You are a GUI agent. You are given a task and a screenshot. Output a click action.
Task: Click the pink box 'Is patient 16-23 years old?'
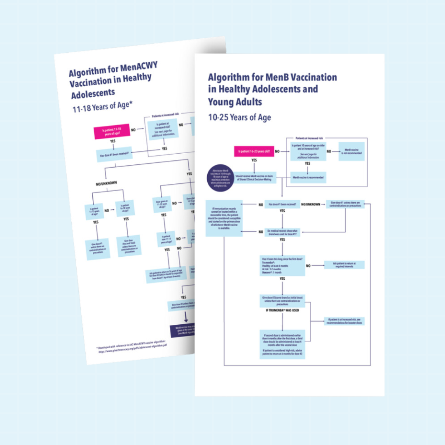(254, 151)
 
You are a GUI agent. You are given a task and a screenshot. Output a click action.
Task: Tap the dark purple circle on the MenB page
(222, 177)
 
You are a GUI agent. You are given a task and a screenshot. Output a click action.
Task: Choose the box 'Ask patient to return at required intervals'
(344, 265)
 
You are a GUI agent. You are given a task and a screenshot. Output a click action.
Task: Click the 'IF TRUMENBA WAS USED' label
(282, 310)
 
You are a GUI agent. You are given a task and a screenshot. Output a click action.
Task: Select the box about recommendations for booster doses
(344, 321)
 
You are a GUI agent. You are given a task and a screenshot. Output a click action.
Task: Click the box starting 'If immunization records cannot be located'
(224, 218)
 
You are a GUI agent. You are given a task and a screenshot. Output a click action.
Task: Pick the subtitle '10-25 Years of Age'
(239, 117)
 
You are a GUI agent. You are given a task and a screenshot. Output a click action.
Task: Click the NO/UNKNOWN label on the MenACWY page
(108, 184)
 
